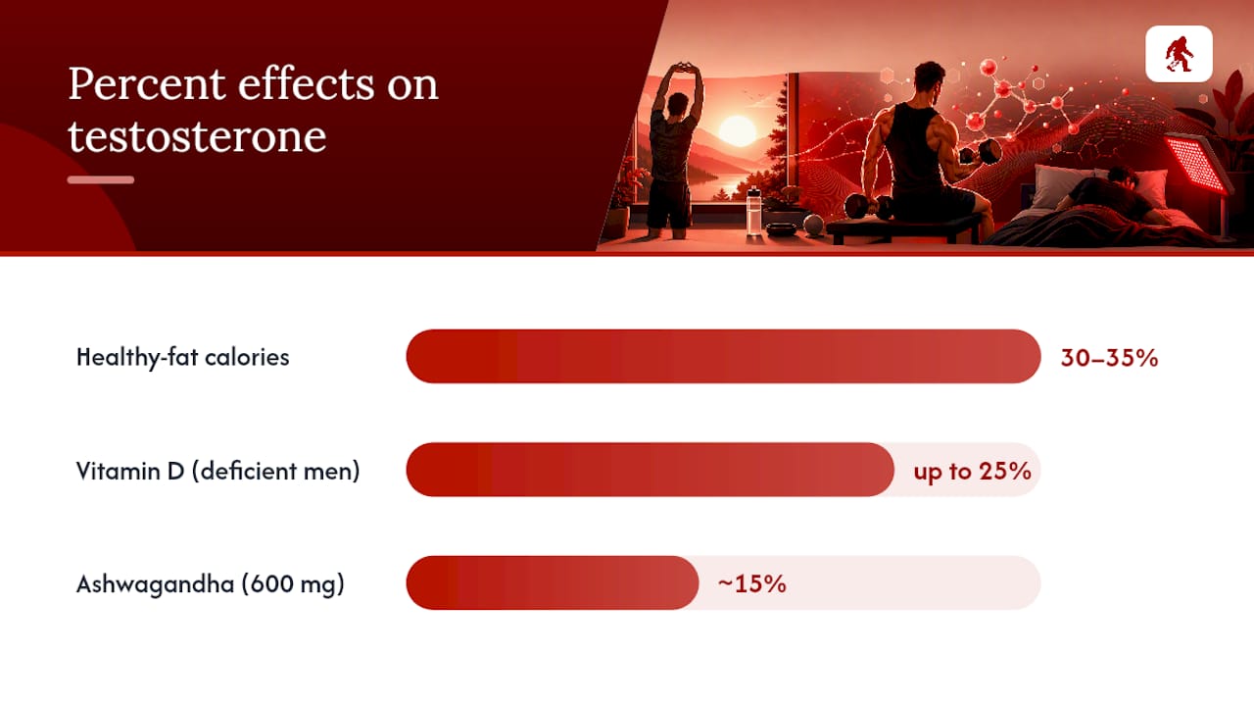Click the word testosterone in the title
tap(197, 136)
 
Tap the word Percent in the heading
tap(147, 84)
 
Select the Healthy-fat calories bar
tap(723, 356)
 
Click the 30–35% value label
tap(1109, 358)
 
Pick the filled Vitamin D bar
tap(650, 470)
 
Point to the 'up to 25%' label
tap(972, 472)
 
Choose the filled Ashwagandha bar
tap(553, 582)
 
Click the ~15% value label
tap(751, 583)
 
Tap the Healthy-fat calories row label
tap(182, 358)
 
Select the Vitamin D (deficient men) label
tap(217, 472)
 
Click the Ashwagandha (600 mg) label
tap(210, 584)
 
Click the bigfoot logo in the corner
tap(1179, 54)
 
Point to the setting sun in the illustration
tap(738, 131)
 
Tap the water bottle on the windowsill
tap(753, 212)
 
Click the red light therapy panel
tap(1197, 164)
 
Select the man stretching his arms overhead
tap(674, 151)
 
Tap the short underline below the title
tap(101, 179)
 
